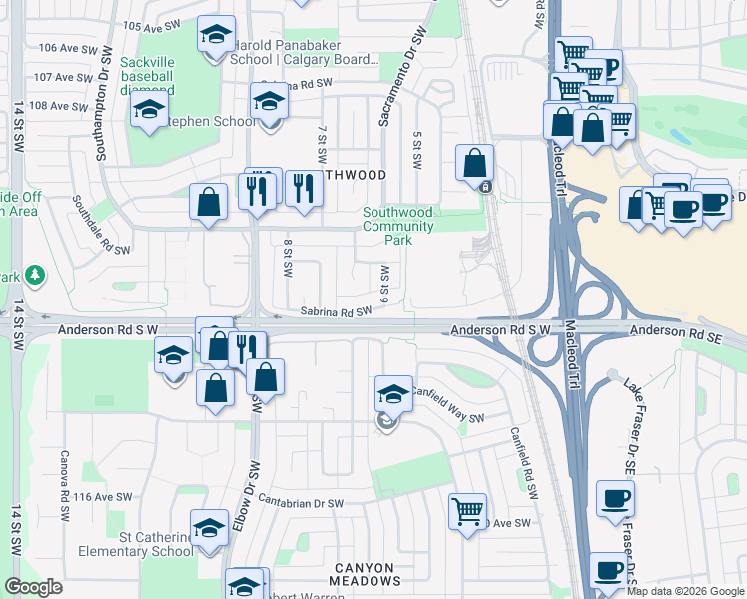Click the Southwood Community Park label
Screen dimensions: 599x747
click(398, 226)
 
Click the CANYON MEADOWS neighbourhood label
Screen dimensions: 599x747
click(368, 573)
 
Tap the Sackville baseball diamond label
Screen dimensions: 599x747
click(147, 76)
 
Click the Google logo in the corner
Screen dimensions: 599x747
click(34, 587)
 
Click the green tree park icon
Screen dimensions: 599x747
click(35, 274)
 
